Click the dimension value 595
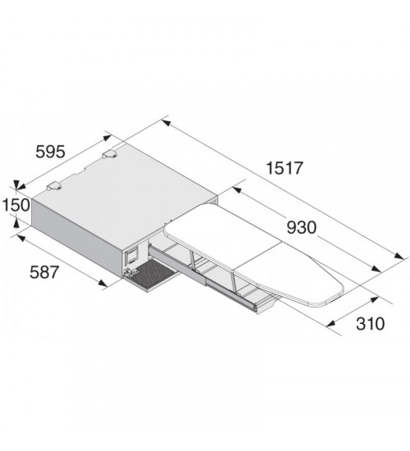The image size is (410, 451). [x=50, y=152]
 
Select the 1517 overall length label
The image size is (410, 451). [x=285, y=168]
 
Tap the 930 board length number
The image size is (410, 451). [x=302, y=227]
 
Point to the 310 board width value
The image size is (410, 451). [x=370, y=324]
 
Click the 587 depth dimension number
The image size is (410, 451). [x=44, y=272]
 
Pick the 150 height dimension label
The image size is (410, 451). [x=16, y=205]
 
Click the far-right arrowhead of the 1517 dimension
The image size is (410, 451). [x=399, y=256]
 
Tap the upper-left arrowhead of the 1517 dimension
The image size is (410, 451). [x=166, y=123]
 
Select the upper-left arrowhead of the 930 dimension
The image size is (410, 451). [x=237, y=190]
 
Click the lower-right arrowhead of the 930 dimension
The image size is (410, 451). [x=376, y=269]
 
